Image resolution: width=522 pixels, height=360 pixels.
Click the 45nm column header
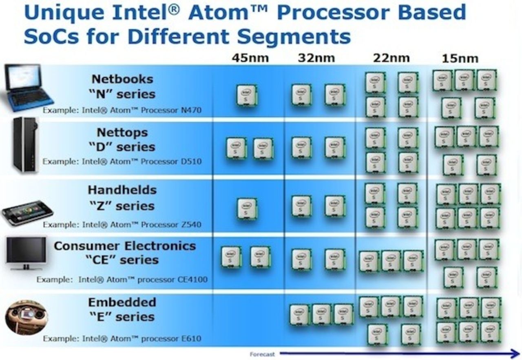(x=250, y=58)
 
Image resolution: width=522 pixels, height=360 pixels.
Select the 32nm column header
(x=316, y=58)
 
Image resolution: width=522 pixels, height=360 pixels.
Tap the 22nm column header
(x=391, y=58)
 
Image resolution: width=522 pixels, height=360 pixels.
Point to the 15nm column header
(x=460, y=59)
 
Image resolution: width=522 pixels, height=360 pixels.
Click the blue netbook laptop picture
(x=26, y=87)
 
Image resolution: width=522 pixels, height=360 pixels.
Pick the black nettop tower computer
(x=25, y=144)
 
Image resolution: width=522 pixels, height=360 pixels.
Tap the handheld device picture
(x=27, y=212)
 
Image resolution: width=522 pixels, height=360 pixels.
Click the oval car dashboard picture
(x=26, y=317)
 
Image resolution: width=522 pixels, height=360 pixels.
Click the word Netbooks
(x=122, y=79)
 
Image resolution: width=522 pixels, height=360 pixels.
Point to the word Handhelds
(x=122, y=190)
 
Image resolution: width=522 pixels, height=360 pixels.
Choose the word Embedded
(x=122, y=303)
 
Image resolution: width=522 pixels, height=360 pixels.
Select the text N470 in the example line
(x=190, y=110)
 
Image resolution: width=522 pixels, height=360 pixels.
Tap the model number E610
(x=192, y=338)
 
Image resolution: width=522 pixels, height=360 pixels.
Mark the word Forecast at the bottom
(x=262, y=354)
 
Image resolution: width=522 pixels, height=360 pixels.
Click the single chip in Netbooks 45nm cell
(x=247, y=95)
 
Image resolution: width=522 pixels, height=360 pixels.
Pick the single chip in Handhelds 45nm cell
(x=247, y=208)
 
